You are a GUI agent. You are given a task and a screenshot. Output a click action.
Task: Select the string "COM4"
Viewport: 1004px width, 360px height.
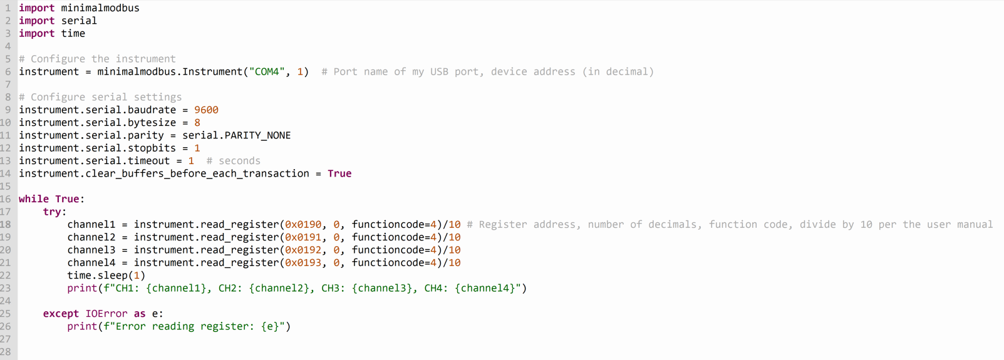tap(267, 72)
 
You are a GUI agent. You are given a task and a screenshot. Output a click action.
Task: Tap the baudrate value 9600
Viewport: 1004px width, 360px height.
tap(206, 110)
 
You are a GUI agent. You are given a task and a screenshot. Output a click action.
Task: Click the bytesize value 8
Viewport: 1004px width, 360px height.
tap(197, 123)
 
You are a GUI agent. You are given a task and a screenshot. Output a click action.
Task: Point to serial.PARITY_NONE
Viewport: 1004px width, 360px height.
tap(236, 135)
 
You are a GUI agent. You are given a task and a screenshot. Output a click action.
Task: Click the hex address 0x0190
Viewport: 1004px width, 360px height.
tap(303, 225)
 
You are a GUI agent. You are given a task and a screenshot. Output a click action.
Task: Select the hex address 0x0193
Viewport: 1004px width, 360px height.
tap(303, 263)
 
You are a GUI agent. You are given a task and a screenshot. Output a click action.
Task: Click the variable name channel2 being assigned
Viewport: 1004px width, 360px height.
tap(91, 237)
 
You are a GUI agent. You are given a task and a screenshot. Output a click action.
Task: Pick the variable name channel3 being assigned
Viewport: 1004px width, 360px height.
tap(91, 250)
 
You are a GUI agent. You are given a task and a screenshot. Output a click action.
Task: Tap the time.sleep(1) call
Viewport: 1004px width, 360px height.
tap(106, 275)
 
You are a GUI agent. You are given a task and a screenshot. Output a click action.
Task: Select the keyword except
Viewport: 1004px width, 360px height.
tap(61, 314)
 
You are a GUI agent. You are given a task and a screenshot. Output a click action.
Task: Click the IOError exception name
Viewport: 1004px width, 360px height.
tap(106, 314)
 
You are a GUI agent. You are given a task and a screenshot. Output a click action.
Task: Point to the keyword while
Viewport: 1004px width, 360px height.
tap(34, 199)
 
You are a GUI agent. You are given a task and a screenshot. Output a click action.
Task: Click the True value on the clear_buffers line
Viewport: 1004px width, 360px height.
tap(339, 173)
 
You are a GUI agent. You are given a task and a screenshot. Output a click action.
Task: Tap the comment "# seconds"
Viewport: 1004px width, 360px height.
tap(233, 161)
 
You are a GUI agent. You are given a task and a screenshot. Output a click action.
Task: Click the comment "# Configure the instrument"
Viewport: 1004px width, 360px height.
tap(97, 59)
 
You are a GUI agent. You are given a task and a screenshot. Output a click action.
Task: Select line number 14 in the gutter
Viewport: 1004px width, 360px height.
tap(6, 173)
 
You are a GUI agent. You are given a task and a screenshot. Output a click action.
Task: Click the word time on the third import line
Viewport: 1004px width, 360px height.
tap(73, 34)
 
